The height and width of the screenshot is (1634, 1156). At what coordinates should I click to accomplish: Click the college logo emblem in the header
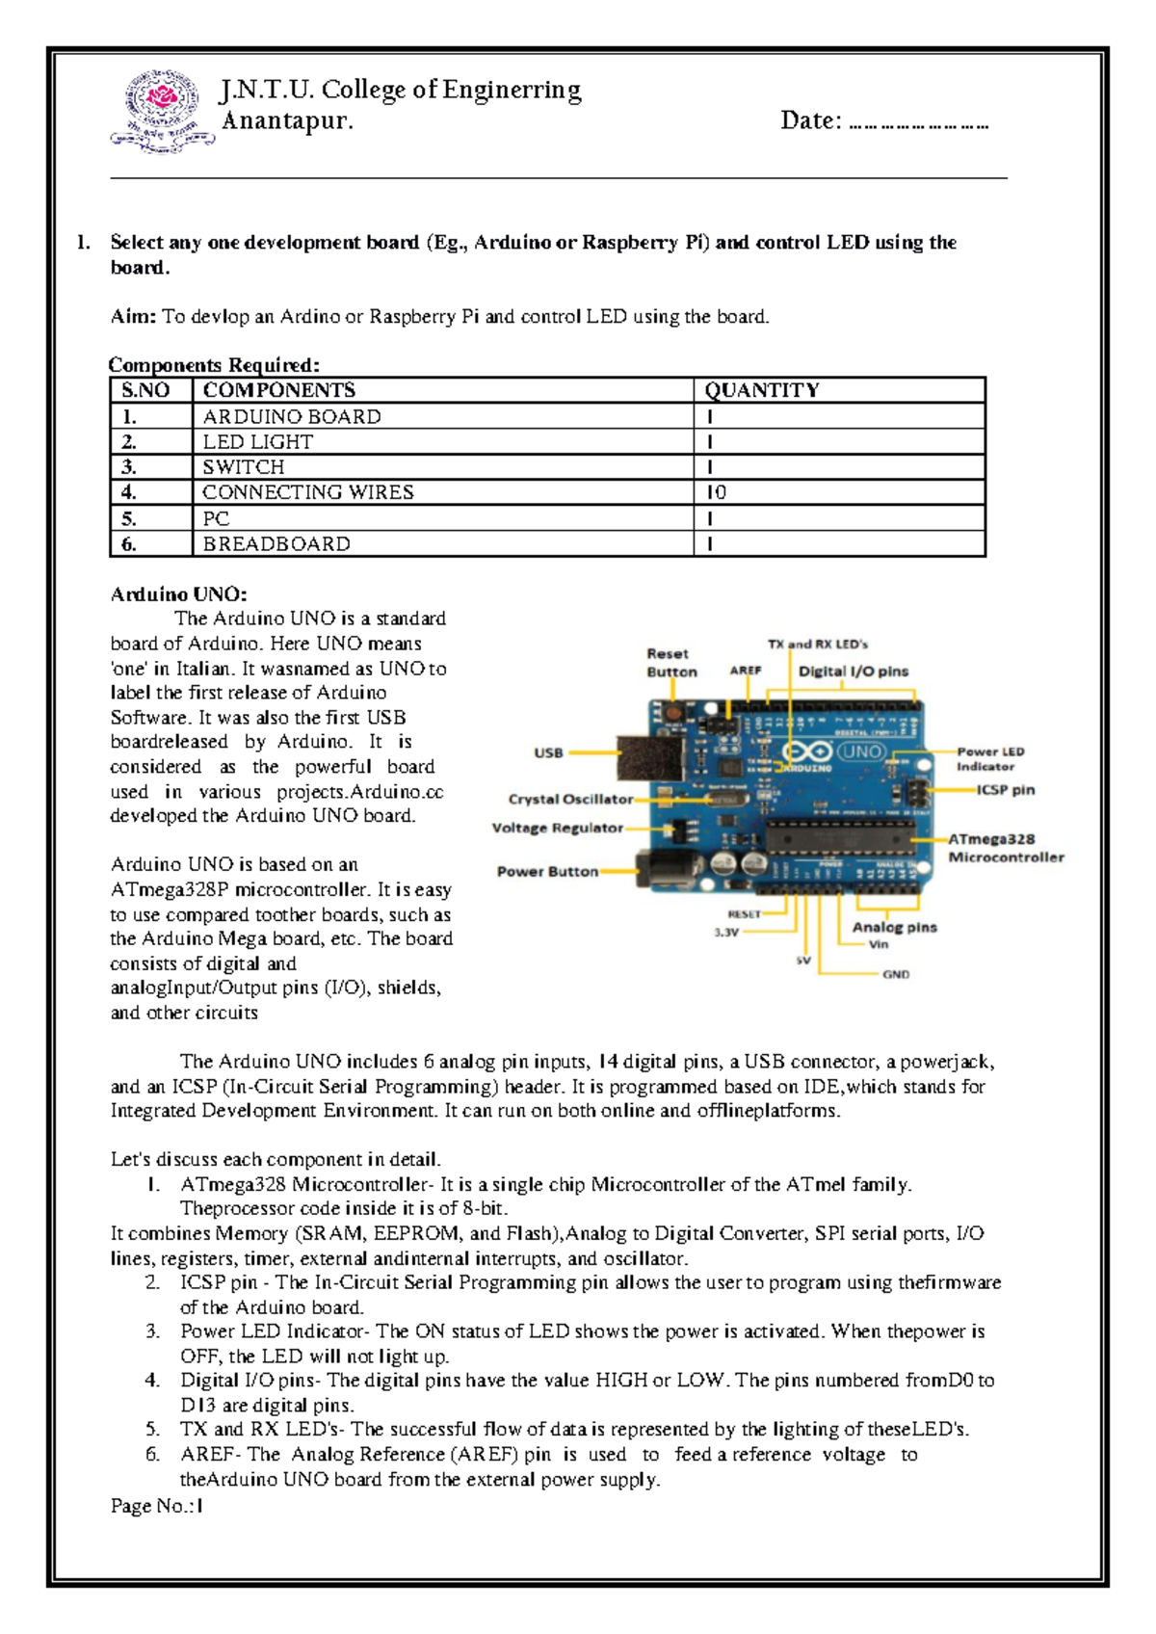[163, 112]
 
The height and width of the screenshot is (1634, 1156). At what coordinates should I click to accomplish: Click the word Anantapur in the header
[287, 121]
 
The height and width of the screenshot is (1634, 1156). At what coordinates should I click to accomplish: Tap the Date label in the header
[811, 121]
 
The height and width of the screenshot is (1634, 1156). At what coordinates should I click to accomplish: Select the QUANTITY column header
[761, 390]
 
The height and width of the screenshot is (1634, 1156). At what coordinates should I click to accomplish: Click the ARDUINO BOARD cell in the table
[292, 416]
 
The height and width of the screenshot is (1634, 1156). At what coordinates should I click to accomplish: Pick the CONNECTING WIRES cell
[307, 492]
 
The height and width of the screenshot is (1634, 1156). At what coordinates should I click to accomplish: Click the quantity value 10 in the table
[716, 492]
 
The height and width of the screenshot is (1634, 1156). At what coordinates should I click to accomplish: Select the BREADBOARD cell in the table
[276, 544]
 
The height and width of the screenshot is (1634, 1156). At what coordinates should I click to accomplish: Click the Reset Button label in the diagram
[671, 663]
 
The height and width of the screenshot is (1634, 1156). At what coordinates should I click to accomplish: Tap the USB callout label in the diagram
[548, 752]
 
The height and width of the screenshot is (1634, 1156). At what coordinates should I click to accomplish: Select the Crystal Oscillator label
[570, 799]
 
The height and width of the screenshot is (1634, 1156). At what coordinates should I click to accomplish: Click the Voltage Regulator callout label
[557, 828]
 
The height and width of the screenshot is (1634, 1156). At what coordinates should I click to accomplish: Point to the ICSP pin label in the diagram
[1006, 790]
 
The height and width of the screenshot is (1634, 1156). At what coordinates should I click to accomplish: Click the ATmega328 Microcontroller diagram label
[1005, 848]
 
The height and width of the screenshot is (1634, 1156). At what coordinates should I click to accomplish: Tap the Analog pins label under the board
[894, 927]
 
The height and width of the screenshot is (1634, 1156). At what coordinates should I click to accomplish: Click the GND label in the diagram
[896, 975]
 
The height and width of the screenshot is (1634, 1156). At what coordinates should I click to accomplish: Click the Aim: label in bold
[133, 317]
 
